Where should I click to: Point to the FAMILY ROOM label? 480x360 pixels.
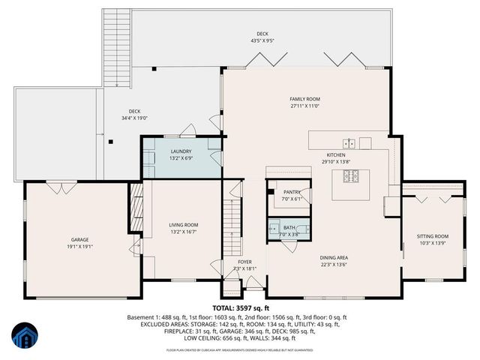305,99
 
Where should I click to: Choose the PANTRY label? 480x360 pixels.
291,192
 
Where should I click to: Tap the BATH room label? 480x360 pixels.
289,228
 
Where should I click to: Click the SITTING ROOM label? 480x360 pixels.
432,237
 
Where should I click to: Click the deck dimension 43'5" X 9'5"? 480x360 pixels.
262,40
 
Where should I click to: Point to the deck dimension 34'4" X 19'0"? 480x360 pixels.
135,118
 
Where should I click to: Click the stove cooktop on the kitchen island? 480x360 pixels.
352,176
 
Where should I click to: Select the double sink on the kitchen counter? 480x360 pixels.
349,142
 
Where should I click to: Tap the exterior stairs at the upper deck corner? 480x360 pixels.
116,37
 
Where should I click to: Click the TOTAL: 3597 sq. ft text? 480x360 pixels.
240,307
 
